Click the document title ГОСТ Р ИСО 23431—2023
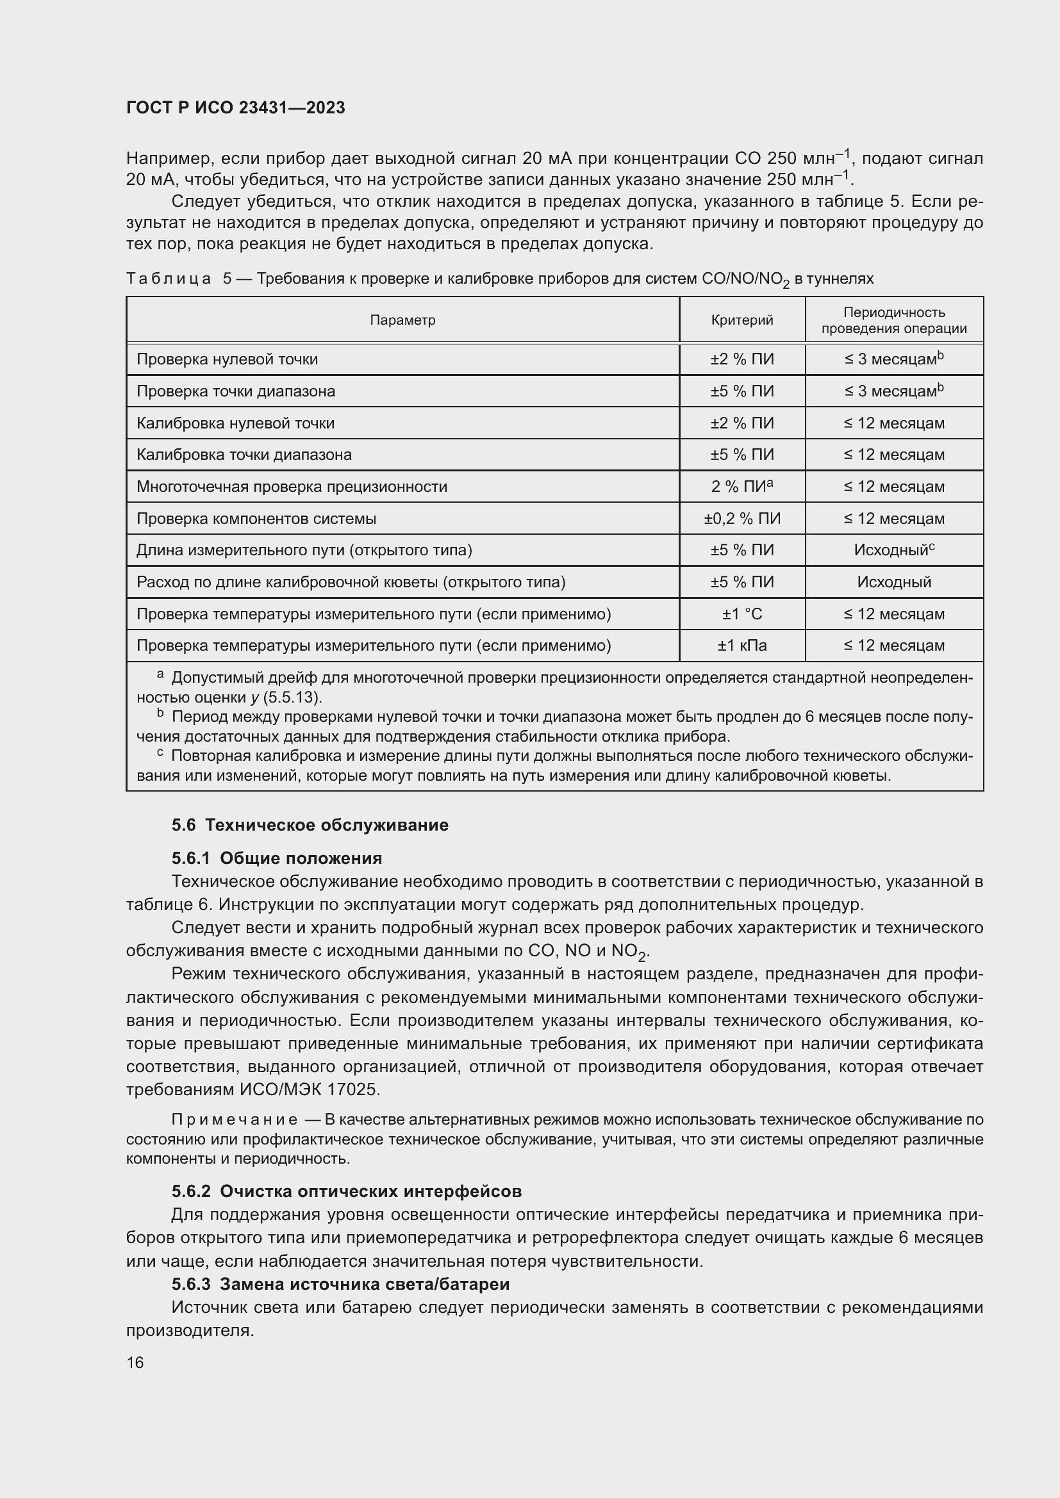235,108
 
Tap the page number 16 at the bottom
135,1363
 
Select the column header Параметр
402,320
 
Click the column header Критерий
741,320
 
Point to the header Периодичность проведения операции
893,320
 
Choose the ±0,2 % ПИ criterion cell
741,519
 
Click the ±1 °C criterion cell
741,614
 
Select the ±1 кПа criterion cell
741,646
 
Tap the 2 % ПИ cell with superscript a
741,487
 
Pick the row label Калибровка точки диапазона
244,455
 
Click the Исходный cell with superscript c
893,550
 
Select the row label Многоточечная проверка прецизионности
291,487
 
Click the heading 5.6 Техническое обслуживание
310,825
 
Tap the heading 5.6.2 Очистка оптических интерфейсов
346,1191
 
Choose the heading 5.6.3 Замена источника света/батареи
340,1284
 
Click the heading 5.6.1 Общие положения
276,858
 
